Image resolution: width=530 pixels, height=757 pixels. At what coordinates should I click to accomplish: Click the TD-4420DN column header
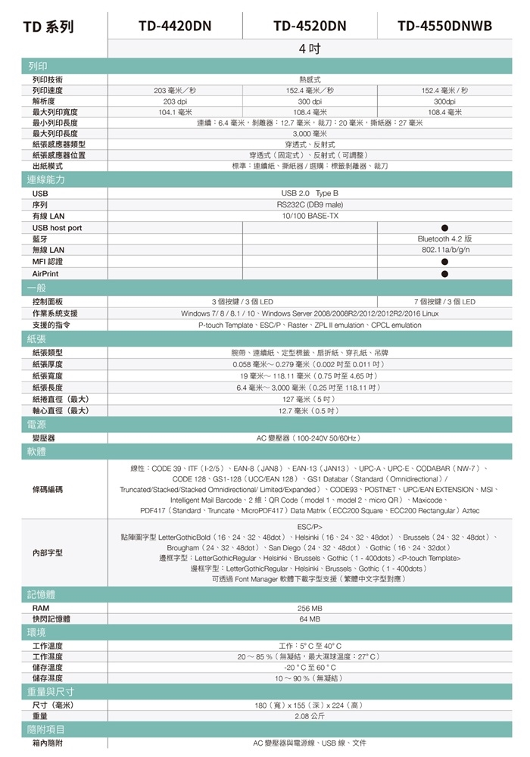click(x=175, y=26)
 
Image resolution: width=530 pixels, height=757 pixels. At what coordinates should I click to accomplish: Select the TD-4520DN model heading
click(x=310, y=26)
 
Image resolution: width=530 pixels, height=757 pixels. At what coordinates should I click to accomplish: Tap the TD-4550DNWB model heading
click(x=444, y=26)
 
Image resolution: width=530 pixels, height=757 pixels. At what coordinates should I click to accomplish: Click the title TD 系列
click(x=48, y=27)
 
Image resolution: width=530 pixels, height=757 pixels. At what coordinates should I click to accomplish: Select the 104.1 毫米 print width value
click(x=175, y=111)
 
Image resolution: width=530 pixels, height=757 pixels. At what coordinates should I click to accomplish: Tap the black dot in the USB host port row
click(x=444, y=228)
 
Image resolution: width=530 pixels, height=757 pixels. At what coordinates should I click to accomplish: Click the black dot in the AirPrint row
click(x=444, y=273)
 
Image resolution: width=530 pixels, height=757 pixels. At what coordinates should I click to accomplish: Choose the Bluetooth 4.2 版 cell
click(x=444, y=239)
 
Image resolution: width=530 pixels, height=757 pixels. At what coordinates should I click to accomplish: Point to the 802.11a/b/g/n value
click(x=444, y=250)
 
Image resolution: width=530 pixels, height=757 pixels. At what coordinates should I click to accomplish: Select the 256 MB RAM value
click(x=310, y=608)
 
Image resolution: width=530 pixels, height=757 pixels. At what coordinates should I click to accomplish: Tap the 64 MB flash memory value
click(x=310, y=619)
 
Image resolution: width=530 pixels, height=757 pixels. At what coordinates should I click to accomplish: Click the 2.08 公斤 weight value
click(x=310, y=715)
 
